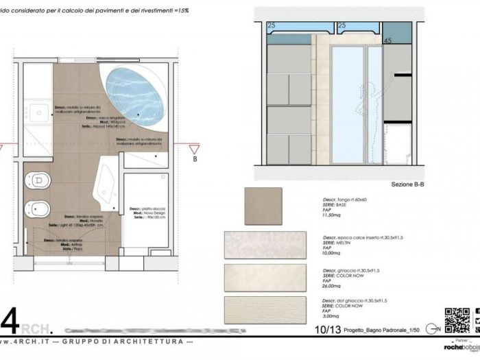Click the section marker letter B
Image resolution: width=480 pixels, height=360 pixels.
pos(195,159)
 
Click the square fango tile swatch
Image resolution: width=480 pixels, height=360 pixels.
pos(263,206)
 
